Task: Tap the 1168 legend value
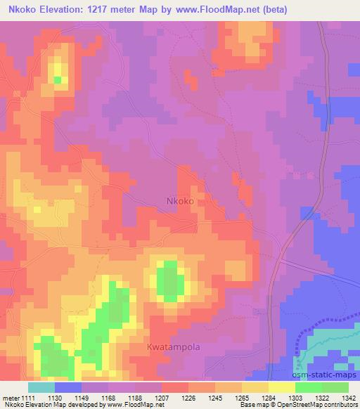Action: coord(108,398)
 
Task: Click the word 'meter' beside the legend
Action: coord(10,398)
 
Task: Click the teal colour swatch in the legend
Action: coord(41,387)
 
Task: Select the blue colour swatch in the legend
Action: coord(68,387)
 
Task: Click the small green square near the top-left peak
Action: coord(58,79)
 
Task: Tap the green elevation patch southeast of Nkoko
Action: coord(169,278)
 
